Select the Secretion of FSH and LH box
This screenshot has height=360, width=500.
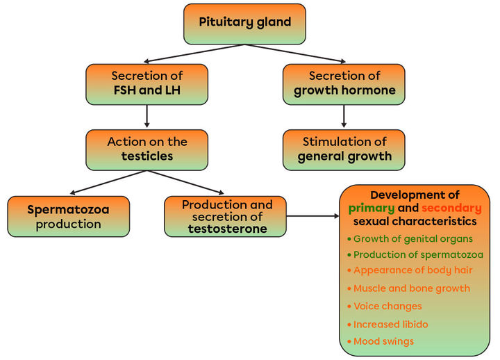point(147,84)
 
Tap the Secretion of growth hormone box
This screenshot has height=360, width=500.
point(343,84)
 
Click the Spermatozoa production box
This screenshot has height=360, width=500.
point(68,216)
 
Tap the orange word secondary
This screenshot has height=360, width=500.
point(451,208)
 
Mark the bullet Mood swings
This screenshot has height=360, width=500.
point(383,341)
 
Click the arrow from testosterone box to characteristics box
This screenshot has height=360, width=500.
point(312,216)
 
